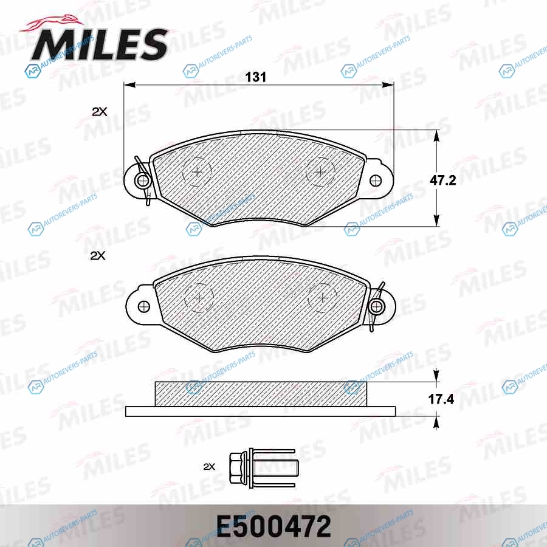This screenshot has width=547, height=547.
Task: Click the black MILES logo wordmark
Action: click(x=100, y=44)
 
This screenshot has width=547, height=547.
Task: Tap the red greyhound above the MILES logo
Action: click(x=52, y=24)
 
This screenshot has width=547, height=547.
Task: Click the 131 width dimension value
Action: click(x=256, y=77)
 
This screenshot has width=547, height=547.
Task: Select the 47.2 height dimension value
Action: click(x=442, y=181)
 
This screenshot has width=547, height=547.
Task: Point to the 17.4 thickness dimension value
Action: click(x=441, y=399)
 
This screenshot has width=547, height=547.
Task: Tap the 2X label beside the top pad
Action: click(x=100, y=112)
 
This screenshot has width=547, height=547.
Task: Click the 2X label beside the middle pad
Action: click(x=98, y=256)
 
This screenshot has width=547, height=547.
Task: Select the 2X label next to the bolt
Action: click(x=209, y=466)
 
